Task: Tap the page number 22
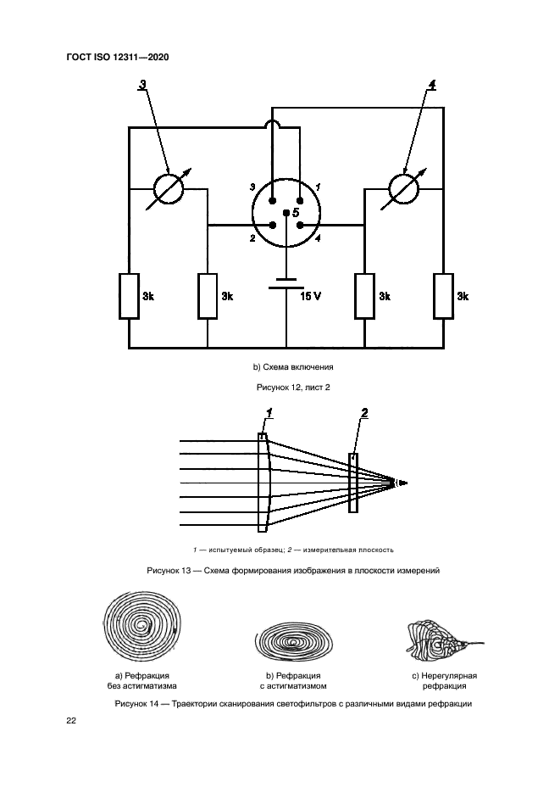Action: pyautogui.click(x=71, y=721)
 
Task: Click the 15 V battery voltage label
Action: pyautogui.click(x=312, y=296)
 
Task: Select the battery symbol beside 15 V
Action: pyautogui.click(x=286, y=282)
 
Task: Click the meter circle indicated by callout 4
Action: pyautogui.click(x=404, y=188)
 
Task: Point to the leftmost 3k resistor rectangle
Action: pyautogui.click(x=129, y=296)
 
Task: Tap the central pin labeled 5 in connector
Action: pyautogui.click(x=286, y=213)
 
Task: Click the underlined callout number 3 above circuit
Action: pyautogui.click(x=141, y=84)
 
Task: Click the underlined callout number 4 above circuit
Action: pyautogui.click(x=432, y=84)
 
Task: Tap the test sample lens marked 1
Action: pyautogui.click(x=264, y=483)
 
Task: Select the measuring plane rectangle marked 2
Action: pyautogui.click(x=352, y=483)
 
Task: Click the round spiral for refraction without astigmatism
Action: pyautogui.click(x=142, y=628)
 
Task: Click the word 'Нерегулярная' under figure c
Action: pyautogui.click(x=445, y=676)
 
